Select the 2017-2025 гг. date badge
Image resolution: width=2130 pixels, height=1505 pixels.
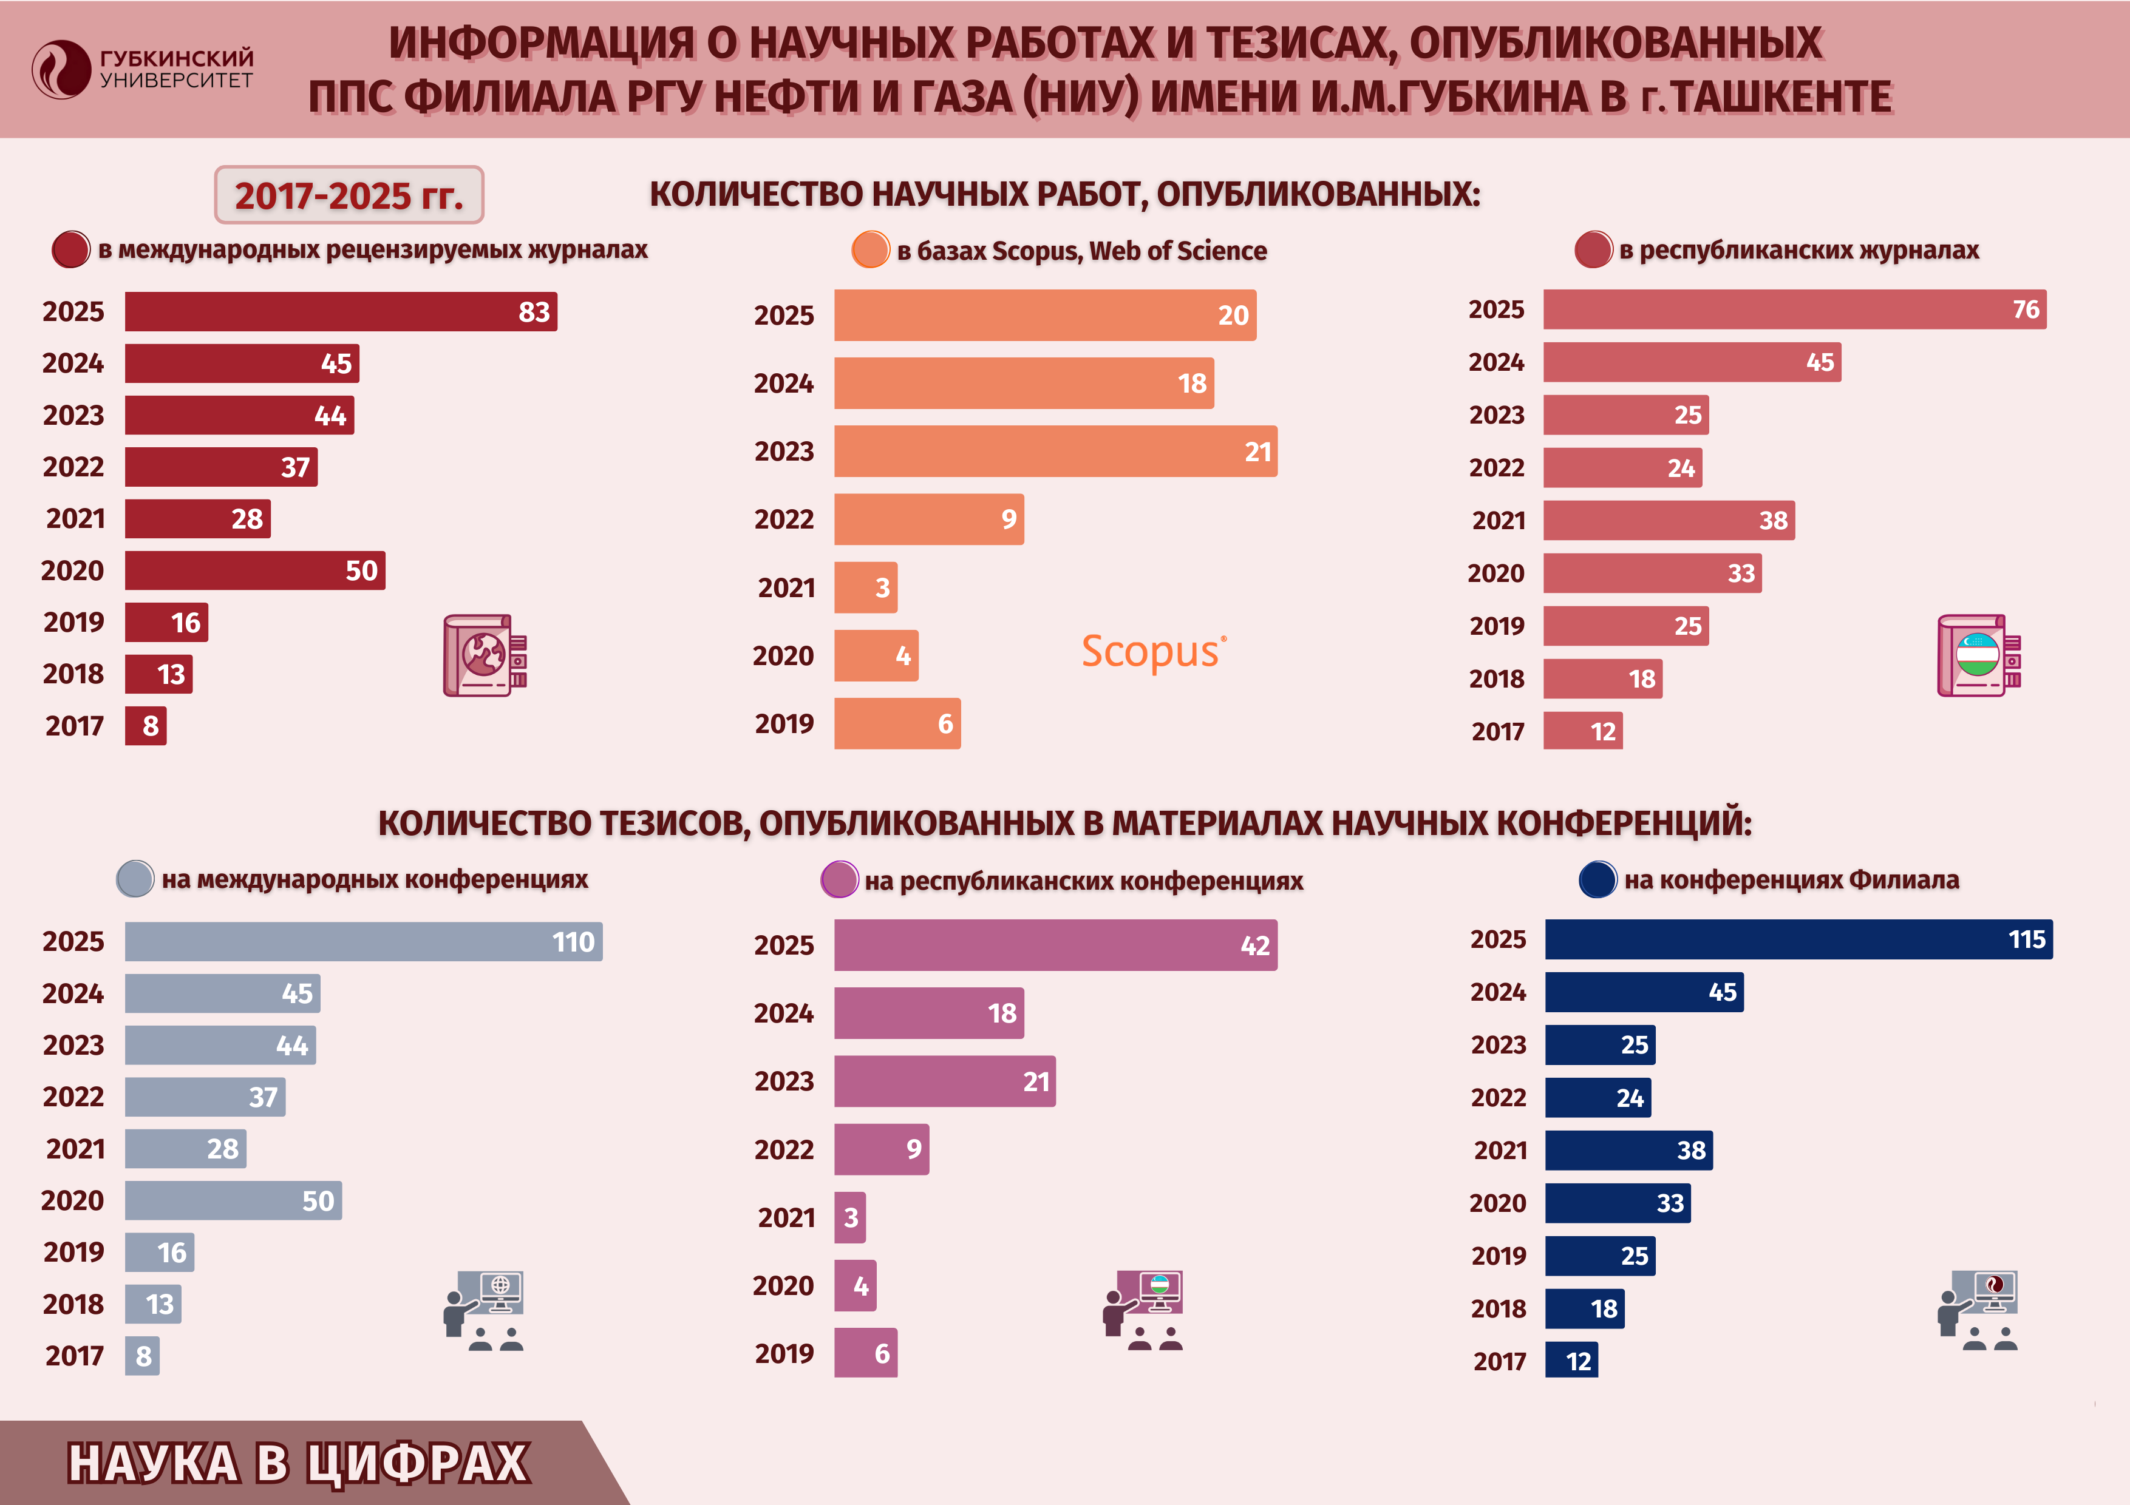[349, 195]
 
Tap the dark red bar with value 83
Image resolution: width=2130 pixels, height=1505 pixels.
[341, 311]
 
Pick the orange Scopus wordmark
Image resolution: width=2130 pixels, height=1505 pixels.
[1153, 651]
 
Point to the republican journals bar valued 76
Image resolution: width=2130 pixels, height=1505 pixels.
[1794, 309]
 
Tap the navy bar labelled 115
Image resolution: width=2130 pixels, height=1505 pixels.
[1798, 939]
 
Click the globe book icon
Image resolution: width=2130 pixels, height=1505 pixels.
[485, 655]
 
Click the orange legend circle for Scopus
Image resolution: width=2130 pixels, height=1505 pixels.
[870, 251]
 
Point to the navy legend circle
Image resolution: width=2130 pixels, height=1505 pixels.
[1597, 879]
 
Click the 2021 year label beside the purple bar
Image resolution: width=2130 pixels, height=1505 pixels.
[786, 1217]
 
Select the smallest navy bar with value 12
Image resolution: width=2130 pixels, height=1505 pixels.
[1571, 1361]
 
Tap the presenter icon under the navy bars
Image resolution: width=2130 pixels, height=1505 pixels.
[1978, 1310]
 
